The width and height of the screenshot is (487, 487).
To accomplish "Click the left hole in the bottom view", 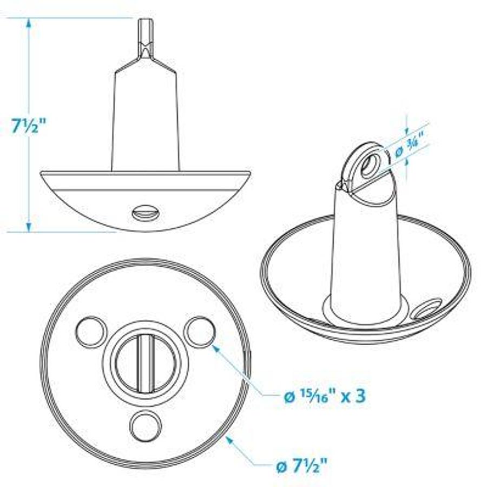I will [x=91, y=332].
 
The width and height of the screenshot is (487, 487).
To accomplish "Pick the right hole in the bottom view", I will [x=199, y=331].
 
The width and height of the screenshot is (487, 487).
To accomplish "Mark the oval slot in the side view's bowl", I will [x=145, y=213].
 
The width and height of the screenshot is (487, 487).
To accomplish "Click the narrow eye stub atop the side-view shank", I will [x=145, y=38].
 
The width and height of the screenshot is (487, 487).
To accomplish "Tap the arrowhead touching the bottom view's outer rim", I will [x=230, y=440].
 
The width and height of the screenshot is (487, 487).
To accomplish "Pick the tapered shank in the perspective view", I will [x=365, y=249].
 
